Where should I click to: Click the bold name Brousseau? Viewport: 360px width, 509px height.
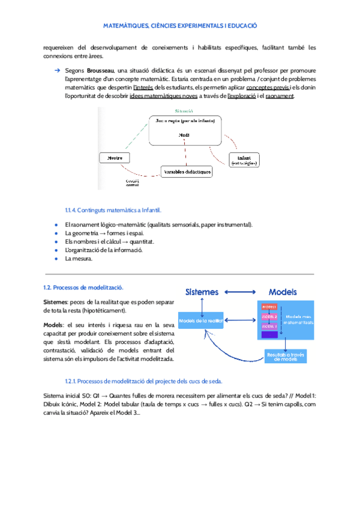[103, 71]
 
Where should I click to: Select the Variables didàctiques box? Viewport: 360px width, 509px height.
[187, 172]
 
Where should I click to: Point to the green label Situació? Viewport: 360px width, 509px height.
[184, 111]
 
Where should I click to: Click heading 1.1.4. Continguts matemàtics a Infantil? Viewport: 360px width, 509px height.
[113, 210]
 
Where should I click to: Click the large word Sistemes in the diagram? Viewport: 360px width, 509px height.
[202, 292]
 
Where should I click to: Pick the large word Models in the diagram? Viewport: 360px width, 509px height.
[283, 292]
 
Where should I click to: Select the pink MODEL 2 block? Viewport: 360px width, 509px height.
[268, 316]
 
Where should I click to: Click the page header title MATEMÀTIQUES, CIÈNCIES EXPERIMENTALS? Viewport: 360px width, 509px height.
[180, 26]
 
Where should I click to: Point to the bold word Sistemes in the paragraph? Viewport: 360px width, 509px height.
[56, 302]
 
